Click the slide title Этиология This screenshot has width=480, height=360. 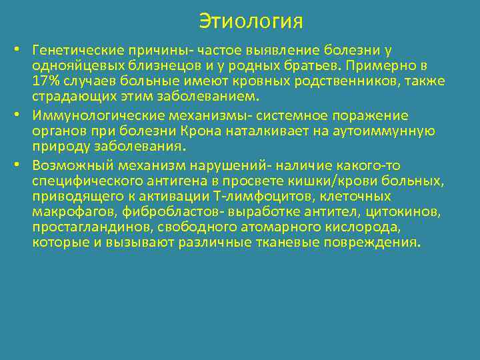[251, 21]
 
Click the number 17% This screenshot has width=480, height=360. [45, 81]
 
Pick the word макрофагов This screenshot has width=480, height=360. [65, 213]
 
